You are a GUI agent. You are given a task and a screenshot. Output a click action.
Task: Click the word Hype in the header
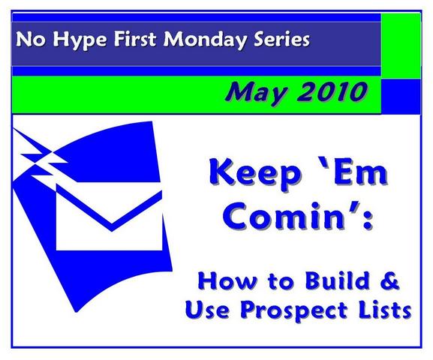point(80,40)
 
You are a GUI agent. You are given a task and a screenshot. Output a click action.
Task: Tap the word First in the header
point(135,39)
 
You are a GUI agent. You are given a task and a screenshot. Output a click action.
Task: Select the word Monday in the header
point(205,40)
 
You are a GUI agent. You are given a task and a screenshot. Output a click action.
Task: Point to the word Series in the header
point(281,40)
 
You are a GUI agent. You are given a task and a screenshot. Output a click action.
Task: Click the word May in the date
point(256,92)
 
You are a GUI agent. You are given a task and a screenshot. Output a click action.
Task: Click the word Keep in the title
point(255,175)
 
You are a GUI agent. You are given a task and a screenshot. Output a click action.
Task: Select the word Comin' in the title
point(290,216)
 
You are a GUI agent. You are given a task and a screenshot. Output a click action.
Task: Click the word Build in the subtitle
point(338,280)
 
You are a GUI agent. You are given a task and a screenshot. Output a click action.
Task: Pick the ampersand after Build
point(389,280)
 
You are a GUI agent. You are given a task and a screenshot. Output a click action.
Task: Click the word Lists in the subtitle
point(383,310)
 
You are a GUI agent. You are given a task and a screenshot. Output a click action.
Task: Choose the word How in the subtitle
point(227,280)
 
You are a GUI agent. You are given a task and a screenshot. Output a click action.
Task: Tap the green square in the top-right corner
point(401,46)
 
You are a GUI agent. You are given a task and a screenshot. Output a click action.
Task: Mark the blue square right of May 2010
point(401,96)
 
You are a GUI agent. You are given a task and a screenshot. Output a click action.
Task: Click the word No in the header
point(31,40)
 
